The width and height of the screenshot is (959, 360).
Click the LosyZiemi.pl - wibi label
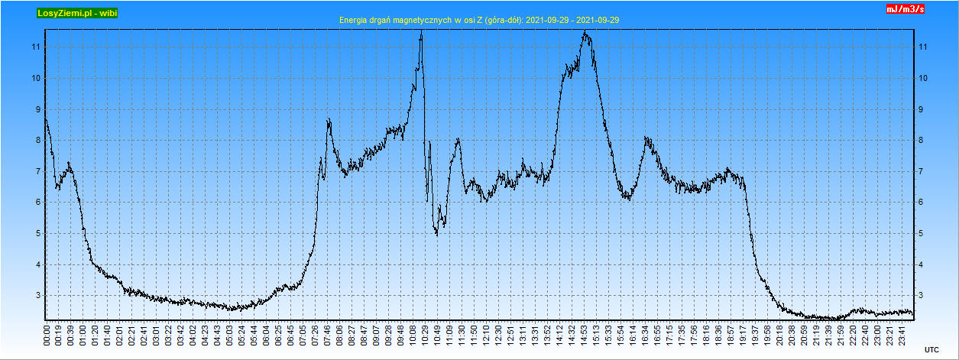[x=76, y=13]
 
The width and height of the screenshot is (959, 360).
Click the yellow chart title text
[x=479, y=20]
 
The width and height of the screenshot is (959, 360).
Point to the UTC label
[x=931, y=349]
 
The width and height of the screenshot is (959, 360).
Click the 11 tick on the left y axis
[x=34, y=47]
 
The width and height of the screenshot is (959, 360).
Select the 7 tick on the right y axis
[x=923, y=171]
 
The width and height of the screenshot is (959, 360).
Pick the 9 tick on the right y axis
[x=923, y=109]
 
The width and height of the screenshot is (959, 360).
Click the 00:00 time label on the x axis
[x=47, y=334]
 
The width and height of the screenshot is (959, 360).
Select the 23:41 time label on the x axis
[x=902, y=334]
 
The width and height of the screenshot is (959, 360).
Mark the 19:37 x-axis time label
[x=755, y=334]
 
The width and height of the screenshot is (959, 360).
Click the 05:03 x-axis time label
[x=229, y=334]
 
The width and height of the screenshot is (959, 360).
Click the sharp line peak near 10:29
[x=421, y=34]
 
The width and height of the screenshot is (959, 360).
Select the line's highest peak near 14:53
[x=585, y=32]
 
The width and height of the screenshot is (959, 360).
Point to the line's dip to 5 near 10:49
[x=436, y=234]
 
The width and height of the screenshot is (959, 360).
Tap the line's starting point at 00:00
[x=46, y=118]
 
